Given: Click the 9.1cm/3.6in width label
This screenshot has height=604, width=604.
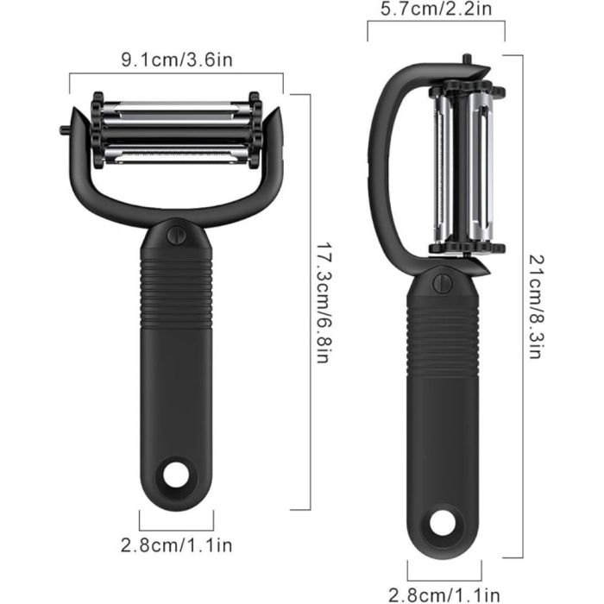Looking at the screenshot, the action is pos(177,60).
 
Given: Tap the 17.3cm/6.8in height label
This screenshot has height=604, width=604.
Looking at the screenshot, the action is pos(324,303).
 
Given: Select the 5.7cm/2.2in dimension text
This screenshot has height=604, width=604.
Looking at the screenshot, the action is pos(437,9).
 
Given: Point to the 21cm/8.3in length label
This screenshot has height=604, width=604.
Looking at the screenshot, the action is pos(536,306).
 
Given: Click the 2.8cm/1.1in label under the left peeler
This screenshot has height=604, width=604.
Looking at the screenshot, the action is pos(177,545).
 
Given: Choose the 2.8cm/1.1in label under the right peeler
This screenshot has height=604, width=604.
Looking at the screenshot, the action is pos(444,595).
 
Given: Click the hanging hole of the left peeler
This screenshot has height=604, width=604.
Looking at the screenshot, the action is pos(176,474).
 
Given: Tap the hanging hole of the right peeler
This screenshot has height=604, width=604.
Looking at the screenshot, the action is pos(443,524).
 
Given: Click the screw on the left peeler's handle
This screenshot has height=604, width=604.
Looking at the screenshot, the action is pos(176,235).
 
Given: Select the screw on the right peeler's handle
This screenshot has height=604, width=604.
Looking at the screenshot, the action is pos(443,284).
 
